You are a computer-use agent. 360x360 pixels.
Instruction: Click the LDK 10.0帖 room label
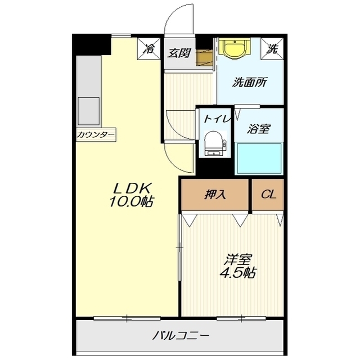[x=131, y=195]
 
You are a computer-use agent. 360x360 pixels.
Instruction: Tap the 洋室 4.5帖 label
[x=238, y=266]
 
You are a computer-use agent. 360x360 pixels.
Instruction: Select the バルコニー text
[x=181, y=336]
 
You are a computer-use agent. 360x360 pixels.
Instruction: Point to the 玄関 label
[x=179, y=53]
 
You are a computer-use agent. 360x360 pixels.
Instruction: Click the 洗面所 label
[x=250, y=82]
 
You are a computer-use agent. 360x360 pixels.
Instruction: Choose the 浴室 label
[x=259, y=129]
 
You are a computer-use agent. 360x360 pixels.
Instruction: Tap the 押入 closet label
[x=215, y=195]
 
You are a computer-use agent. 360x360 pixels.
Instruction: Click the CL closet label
[x=268, y=195]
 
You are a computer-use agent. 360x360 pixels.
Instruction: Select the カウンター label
[x=96, y=134]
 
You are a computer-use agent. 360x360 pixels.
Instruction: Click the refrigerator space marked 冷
[x=148, y=49]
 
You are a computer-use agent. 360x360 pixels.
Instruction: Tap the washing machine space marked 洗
[x=272, y=49]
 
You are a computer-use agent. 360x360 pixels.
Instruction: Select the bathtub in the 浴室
[x=259, y=159]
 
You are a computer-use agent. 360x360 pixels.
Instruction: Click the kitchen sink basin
[x=89, y=111]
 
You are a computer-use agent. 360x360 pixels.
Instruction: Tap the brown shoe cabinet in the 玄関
[x=204, y=58]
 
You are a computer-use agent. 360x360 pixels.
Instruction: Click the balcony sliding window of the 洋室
[x=241, y=318]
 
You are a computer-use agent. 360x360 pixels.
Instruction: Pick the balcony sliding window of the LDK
[x=127, y=318]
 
